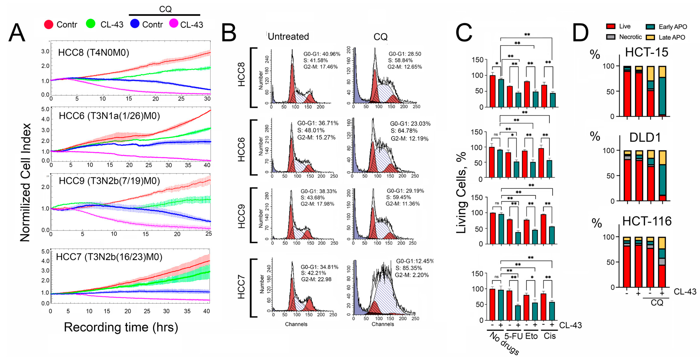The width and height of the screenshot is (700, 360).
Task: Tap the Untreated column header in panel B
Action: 288,36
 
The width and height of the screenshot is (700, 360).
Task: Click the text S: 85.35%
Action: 408,268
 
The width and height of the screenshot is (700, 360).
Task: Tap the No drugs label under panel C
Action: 504,343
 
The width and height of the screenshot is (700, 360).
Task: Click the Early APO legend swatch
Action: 650,27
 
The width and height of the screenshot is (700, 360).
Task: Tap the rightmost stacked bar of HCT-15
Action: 662,91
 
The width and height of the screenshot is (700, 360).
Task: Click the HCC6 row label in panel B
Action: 241,150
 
